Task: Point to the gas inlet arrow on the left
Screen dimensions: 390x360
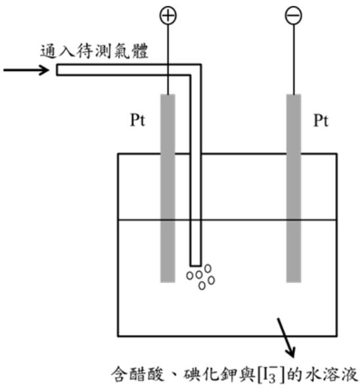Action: (26, 70)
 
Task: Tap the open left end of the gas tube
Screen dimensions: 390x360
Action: (57, 70)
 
